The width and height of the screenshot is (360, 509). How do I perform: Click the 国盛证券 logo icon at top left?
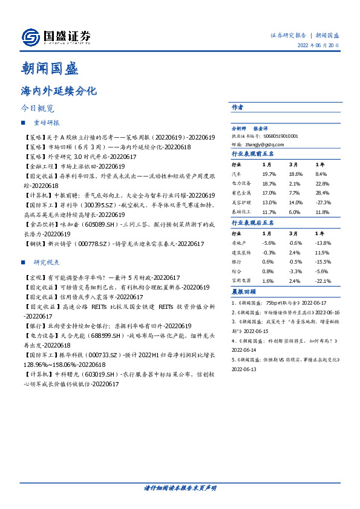pos(30,37)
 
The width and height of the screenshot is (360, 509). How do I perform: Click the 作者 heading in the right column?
pos(237,107)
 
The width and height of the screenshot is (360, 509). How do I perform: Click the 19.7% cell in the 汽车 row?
pos(269,173)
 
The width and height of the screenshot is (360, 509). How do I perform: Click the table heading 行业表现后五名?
pos(253,223)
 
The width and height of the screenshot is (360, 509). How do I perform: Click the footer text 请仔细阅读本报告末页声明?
pos(180,488)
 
